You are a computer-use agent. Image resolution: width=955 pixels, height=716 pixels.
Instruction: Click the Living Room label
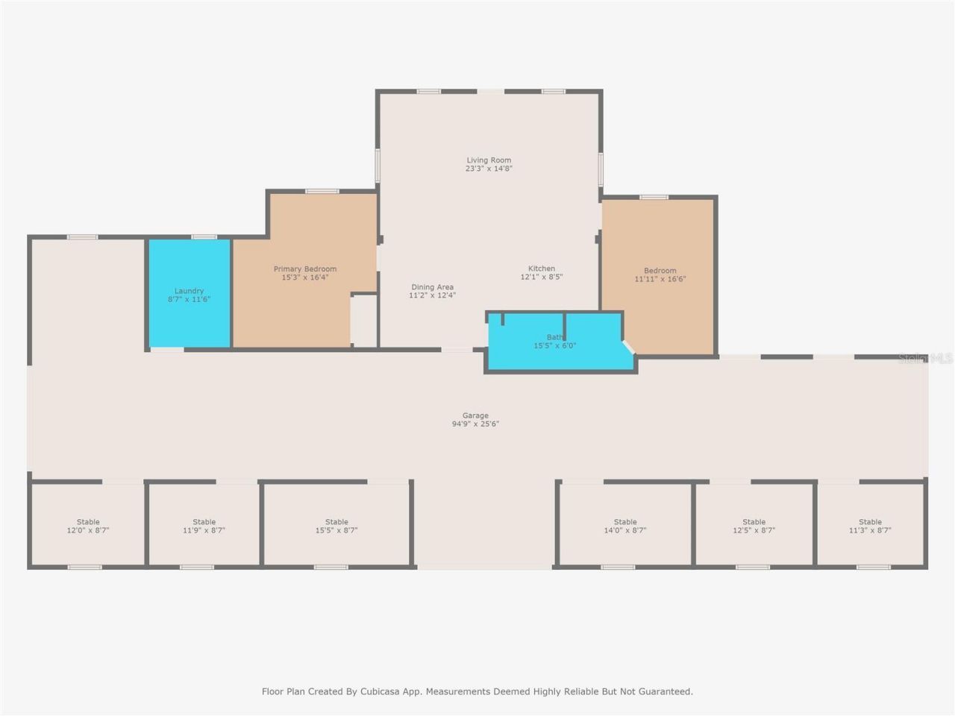pyautogui.click(x=489, y=160)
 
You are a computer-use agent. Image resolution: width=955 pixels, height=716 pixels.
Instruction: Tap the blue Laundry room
pyautogui.click(x=190, y=293)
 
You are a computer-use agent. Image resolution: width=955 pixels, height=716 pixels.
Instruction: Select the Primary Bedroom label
pyautogui.click(x=305, y=269)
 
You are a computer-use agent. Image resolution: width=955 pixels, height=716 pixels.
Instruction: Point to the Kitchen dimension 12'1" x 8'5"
pyautogui.click(x=542, y=277)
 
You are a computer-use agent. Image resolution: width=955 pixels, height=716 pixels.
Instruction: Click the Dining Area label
pyautogui.click(x=433, y=287)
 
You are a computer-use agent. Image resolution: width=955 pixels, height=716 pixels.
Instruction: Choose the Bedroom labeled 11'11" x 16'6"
pyautogui.click(x=658, y=277)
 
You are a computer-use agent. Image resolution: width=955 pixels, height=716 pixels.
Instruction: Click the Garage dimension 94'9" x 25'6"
pyautogui.click(x=475, y=424)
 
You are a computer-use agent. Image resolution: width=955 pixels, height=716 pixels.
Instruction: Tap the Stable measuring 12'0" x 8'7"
pyautogui.click(x=88, y=525)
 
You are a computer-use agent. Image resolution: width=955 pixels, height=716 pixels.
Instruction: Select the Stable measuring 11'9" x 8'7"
pyautogui.click(x=204, y=525)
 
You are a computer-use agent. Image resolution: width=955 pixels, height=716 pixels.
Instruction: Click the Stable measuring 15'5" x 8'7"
pyautogui.click(x=336, y=525)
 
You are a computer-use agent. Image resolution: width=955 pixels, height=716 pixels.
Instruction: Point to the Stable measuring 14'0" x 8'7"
pyautogui.click(x=625, y=525)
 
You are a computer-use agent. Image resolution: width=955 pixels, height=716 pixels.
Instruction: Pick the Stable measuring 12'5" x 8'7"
pyautogui.click(x=754, y=525)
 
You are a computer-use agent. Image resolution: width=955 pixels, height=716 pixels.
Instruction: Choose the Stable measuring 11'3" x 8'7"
pyautogui.click(x=870, y=525)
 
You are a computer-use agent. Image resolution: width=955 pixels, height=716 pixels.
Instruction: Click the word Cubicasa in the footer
pyautogui.click(x=380, y=691)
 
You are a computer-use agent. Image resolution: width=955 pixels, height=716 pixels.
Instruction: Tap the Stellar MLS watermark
pyautogui.click(x=925, y=359)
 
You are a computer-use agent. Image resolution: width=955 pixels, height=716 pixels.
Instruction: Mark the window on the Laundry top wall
pyautogui.click(x=204, y=237)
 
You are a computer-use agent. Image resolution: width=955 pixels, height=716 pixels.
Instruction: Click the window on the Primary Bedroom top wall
pyautogui.click(x=322, y=191)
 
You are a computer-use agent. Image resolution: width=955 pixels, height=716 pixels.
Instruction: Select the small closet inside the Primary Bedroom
pyautogui.click(x=364, y=321)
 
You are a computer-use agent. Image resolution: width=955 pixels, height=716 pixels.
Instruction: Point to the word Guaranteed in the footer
pyautogui.click(x=666, y=691)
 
